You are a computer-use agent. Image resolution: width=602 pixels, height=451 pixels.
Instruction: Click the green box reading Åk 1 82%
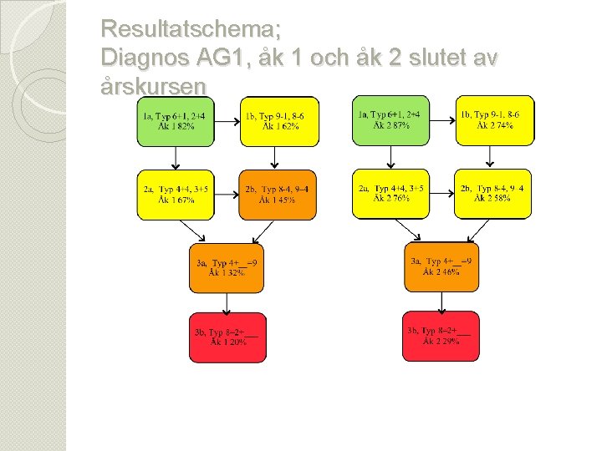pos(176,122)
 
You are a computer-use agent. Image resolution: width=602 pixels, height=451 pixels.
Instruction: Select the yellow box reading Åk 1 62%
pos(280,122)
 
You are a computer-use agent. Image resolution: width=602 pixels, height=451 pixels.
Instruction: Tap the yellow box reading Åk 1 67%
pos(176,195)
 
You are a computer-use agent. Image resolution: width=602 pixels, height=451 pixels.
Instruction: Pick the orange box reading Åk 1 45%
pos(278,195)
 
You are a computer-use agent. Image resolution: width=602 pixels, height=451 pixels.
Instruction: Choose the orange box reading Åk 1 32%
pos(227,268)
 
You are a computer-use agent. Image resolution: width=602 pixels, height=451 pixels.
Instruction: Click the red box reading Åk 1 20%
pos(227,337)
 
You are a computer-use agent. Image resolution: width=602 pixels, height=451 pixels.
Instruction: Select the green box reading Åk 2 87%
pos(390,120)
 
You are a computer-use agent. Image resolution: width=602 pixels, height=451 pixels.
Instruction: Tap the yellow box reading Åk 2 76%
pos(390,194)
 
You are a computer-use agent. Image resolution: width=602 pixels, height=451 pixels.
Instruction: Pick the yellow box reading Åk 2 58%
pos(493,194)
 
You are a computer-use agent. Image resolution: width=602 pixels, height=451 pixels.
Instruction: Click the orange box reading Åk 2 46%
pos(441,267)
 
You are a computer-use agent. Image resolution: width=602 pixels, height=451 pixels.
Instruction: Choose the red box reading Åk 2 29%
pos(441,337)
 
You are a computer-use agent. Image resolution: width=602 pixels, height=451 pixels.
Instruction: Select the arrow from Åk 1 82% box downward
pos(176,159)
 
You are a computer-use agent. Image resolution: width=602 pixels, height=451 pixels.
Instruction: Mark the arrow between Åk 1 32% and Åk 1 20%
pos(227,302)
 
